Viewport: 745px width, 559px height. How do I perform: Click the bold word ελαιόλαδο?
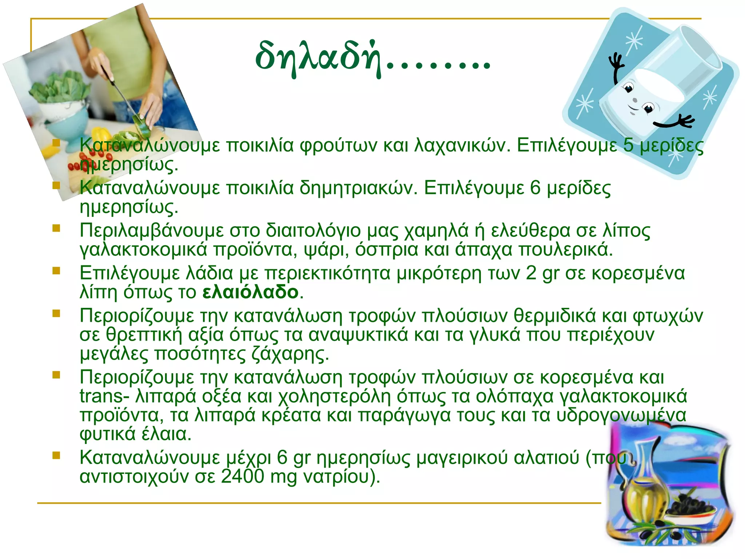coord(250,292)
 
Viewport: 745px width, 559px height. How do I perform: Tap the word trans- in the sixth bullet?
coord(104,396)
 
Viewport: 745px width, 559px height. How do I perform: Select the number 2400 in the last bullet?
coord(242,476)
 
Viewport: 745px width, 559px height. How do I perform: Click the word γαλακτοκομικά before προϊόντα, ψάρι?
coord(143,250)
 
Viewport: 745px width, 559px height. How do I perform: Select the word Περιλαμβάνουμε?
coord(152,230)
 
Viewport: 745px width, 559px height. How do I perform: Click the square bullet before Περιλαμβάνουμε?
coord(56,228)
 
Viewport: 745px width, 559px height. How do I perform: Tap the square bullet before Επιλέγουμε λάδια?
coord(56,271)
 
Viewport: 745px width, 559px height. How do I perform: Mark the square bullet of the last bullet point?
coord(56,455)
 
